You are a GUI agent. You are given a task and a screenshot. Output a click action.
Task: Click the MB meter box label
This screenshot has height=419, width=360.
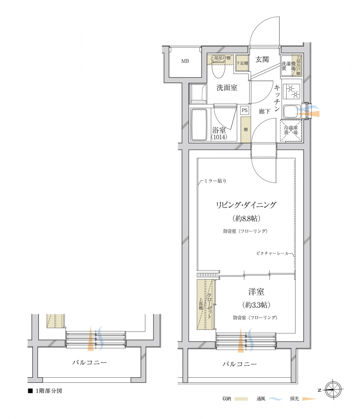click(x=185, y=61)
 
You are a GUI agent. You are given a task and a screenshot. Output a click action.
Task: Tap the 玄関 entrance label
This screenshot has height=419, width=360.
click(x=262, y=59)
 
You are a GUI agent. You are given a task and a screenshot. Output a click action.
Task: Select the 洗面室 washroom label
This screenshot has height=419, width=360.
click(x=227, y=88)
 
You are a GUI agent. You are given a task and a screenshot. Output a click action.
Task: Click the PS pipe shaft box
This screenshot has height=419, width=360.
click(x=245, y=111)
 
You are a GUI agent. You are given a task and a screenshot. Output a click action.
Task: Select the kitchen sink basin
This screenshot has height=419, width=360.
click(x=290, y=112)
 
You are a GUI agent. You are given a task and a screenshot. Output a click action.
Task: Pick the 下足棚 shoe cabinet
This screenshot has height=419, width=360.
click(x=241, y=64)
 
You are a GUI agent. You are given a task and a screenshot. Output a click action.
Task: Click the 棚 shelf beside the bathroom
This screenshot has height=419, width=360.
click(x=246, y=130)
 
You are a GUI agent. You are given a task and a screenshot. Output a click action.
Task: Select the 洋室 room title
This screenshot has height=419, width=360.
click(x=256, y=292)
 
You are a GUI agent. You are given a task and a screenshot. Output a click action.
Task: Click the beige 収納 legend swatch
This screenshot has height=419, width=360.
click(x=241, y=398)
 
